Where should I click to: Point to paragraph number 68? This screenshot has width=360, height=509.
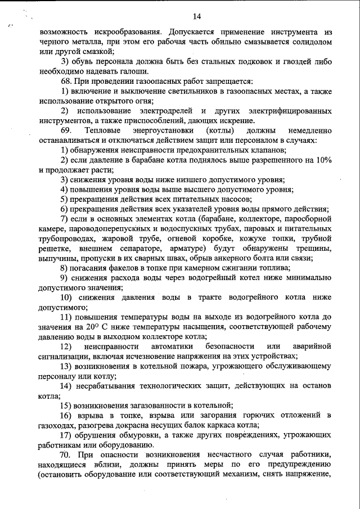click(67, 82)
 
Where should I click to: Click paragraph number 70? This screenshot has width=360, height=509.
click(67, 454)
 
